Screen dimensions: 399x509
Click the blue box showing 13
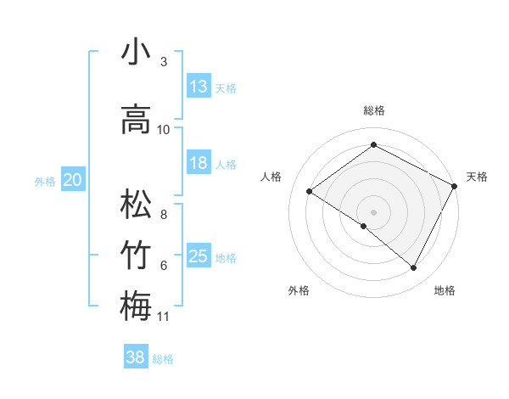point(199,87)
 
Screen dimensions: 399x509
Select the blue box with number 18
point(199,163)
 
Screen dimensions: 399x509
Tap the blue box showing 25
point(199,256)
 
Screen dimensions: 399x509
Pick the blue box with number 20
point(73,180)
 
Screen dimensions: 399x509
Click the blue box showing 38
point(136,358)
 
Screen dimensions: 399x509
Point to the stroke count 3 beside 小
point(164,63)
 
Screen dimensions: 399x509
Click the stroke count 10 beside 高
point(164,130)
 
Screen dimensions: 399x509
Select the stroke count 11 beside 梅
point(164,317)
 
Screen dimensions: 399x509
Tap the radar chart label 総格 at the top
point(373,111)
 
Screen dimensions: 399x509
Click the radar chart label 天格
point(477,177)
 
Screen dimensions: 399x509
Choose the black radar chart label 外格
point(299,290)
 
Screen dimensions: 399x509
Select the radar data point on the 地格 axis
point(414,268)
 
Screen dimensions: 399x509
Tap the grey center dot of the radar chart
point(373,211)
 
